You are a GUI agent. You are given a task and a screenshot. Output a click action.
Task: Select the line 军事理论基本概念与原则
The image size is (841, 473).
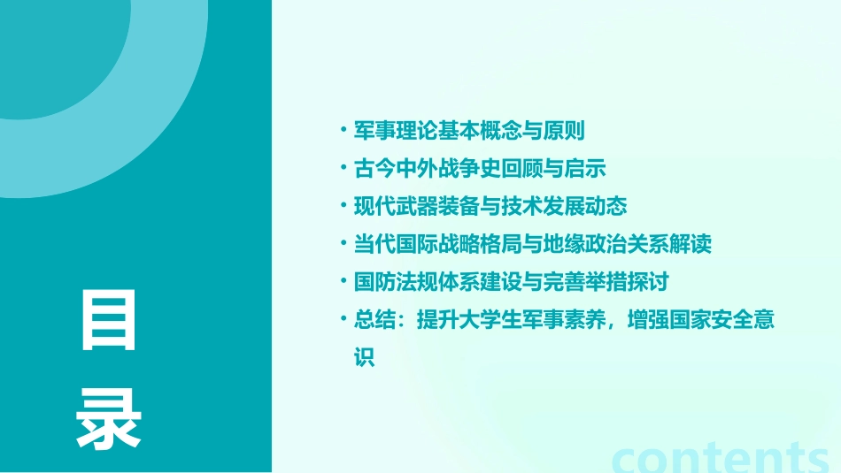(469, 131)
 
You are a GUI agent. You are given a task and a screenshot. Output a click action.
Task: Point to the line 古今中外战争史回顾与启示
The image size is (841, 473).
(480, 169)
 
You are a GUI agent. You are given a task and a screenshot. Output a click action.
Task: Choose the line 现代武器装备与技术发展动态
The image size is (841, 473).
(490, 207)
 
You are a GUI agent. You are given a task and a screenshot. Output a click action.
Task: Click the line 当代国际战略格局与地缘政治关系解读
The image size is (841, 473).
(532, 245)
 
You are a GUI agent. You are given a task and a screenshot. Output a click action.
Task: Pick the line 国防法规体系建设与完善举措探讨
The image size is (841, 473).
(511, 283)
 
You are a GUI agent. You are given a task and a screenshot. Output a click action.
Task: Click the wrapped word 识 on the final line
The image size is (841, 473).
(364, 358)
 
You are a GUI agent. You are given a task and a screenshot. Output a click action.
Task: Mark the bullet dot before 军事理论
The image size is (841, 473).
(343, 131)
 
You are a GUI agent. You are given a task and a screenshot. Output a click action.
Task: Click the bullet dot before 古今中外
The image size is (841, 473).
(343, 169)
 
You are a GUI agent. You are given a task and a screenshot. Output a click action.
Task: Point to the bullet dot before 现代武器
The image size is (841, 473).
(343, 207)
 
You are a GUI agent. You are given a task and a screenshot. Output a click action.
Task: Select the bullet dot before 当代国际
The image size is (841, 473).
(343, 245)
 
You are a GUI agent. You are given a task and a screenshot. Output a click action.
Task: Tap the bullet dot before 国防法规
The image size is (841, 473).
(343, 283)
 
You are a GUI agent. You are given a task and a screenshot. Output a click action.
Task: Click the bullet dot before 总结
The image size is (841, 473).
(343, 320)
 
